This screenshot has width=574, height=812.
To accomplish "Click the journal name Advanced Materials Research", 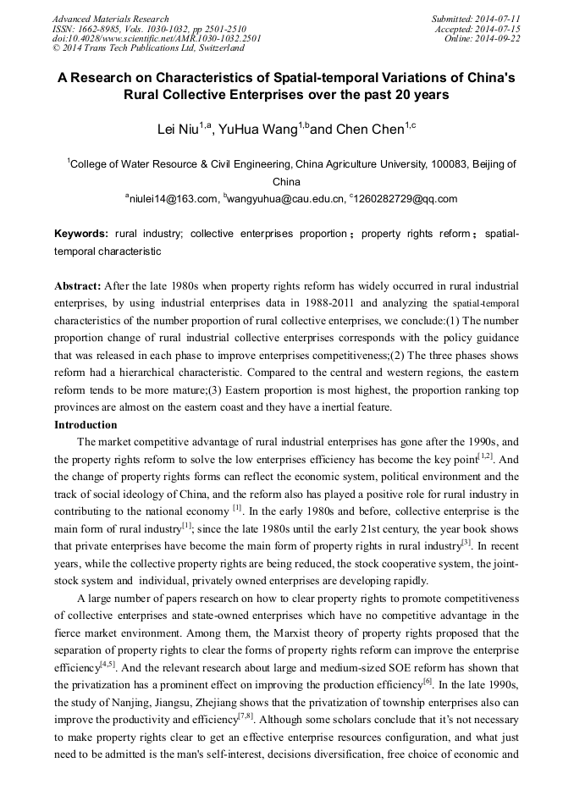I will pos(111,19).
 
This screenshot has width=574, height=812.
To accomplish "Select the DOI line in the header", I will pos(157,39).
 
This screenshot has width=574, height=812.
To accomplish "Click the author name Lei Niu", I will pos(177,130).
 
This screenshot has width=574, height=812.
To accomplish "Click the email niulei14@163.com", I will pos(173,199).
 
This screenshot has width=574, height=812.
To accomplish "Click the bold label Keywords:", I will pos(81,234).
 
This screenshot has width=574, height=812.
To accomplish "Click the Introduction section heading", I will pos(86,425).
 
